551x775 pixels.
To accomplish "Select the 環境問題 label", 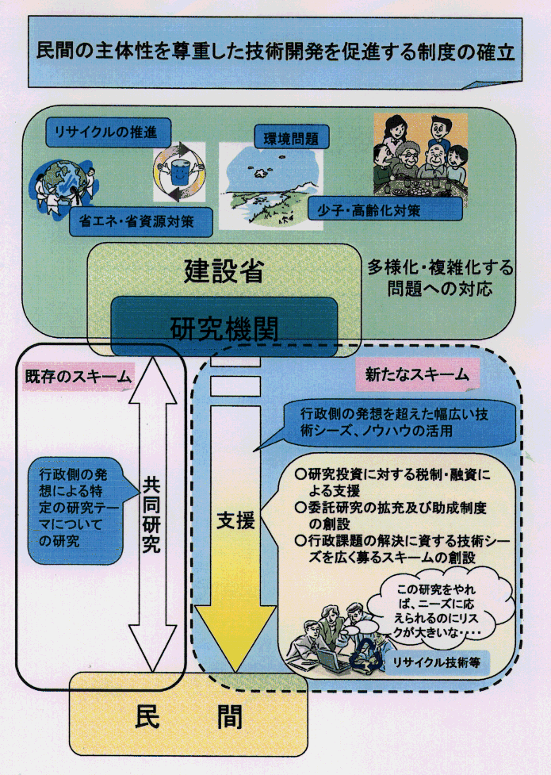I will tap(285, 138).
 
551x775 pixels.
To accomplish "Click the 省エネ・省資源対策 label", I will tap(142, 221).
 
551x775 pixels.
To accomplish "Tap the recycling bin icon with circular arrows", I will tap(179, 171).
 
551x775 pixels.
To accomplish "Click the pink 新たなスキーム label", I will tap(418, 373).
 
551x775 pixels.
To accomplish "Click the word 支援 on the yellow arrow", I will tap(235, 521).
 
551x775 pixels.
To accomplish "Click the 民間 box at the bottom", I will tap(189, 716).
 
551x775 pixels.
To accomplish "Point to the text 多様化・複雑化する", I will tap(440, 267).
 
